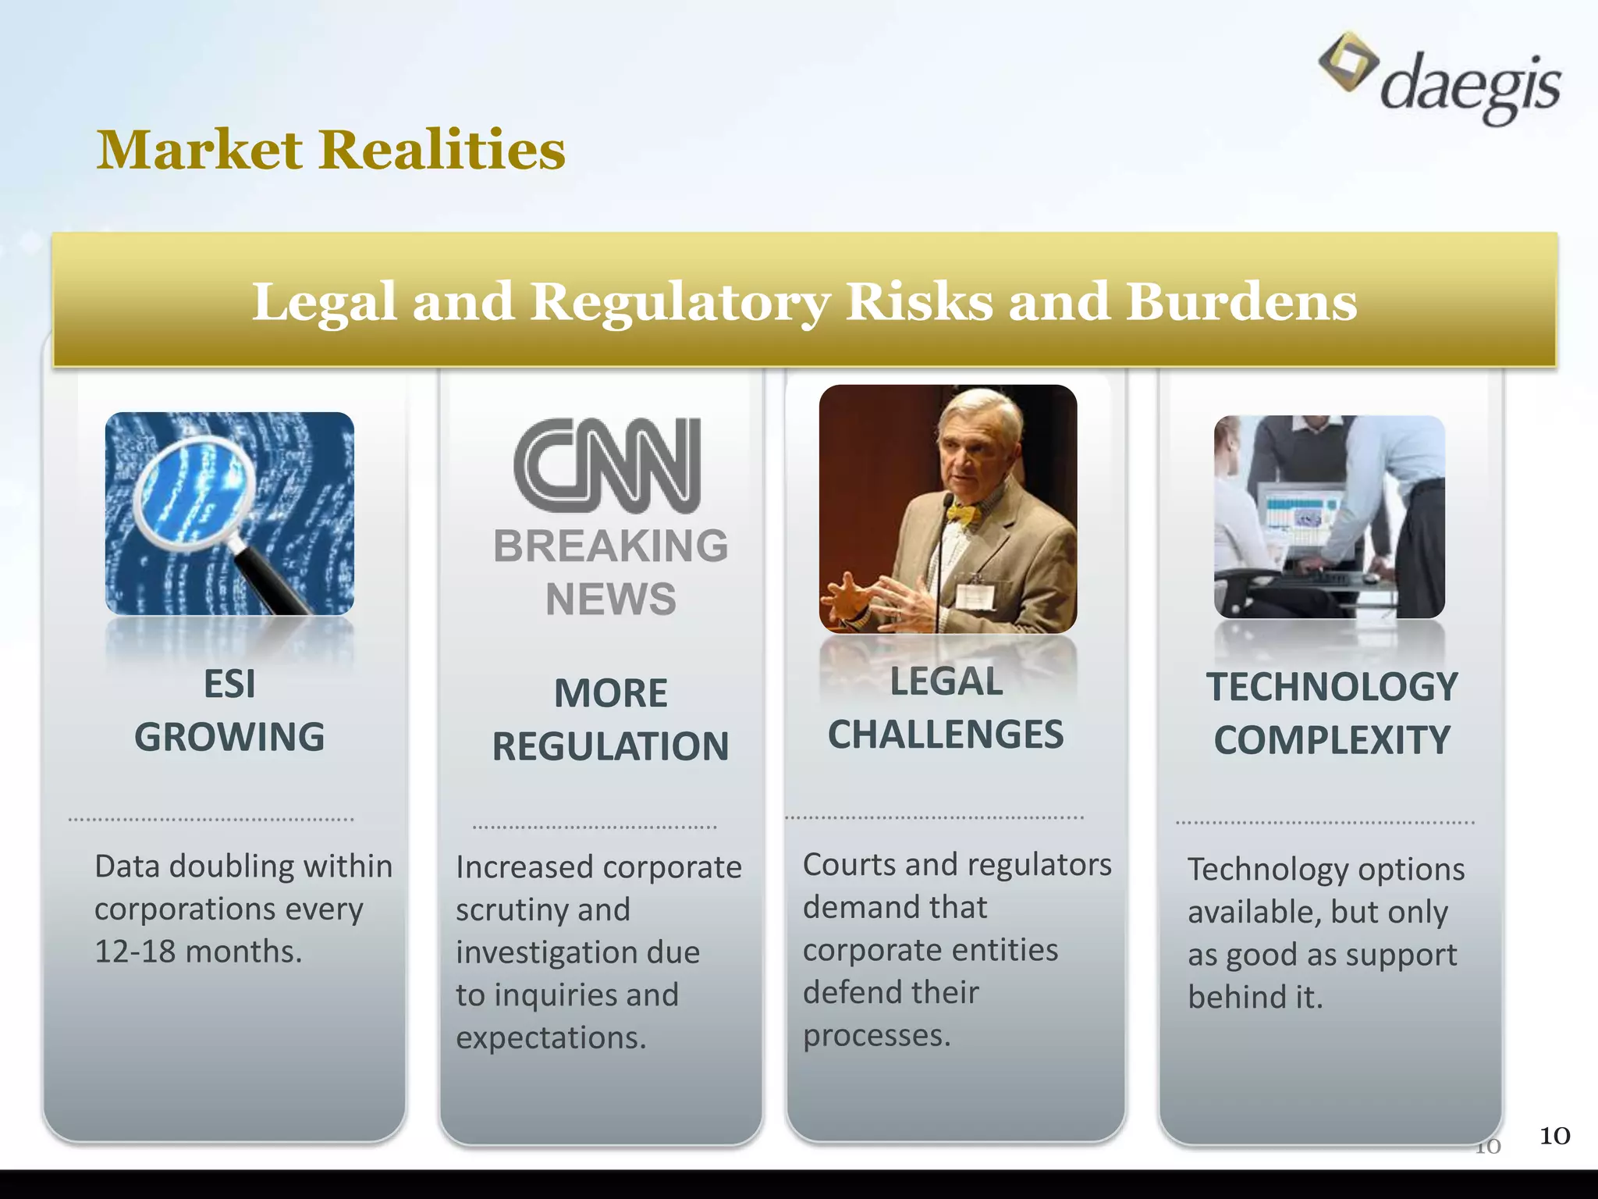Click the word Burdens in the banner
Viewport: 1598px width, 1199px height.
click(1241, 302)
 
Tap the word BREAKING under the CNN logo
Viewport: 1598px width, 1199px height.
click(610, 545)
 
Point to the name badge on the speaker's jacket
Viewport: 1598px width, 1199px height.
click(975, 595)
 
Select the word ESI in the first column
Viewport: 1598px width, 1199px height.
click(229, 685)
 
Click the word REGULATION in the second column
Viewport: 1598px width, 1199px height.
click(610, 746)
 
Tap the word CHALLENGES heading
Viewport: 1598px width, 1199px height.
click(946, 735)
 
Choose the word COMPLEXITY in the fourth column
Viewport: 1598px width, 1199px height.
click(1332, 740)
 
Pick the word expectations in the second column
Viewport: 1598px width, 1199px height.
click(551, 1037)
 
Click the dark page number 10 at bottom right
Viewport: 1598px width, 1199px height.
click(1554, 1136)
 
